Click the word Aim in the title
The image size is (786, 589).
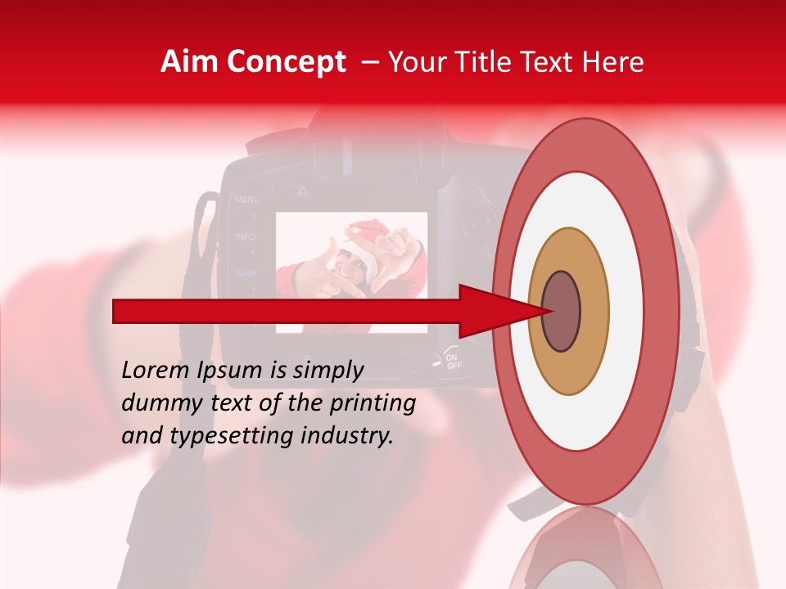[x=189, y=62]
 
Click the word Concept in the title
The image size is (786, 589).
[x=286, y=62]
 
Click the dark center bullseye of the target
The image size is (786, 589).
[x=562, y=312]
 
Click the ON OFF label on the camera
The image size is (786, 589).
[x=453, y=362]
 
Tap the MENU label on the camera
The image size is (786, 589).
[x=246, y=199]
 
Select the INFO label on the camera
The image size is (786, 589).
[x=246, y=236]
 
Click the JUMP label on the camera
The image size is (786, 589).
[x=246, y=272]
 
